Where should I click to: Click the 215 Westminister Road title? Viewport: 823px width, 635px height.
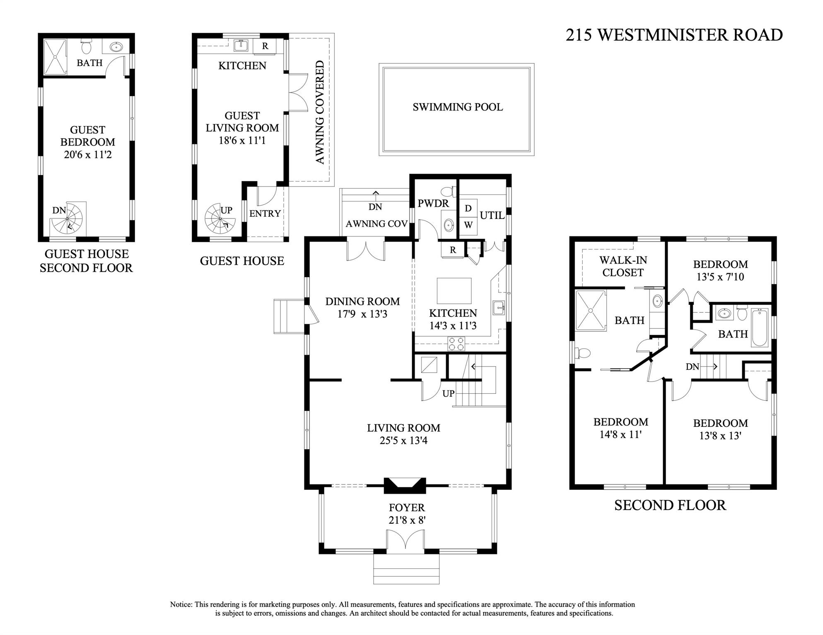674,35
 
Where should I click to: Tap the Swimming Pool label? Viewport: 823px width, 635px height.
457,107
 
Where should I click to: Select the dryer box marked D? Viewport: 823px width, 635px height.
468,208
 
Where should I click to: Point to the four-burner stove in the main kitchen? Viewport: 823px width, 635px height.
456,344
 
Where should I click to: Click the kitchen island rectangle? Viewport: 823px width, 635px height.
454,291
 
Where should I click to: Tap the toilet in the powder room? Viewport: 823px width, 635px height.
447,192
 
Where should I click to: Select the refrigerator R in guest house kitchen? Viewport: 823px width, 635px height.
265,46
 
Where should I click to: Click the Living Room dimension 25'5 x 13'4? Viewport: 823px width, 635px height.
403,441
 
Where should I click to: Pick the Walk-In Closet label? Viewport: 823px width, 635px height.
623,266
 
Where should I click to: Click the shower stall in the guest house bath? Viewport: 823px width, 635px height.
55,57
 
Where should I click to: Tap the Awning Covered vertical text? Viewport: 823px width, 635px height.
320,112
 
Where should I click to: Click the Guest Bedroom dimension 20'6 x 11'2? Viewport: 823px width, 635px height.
87,155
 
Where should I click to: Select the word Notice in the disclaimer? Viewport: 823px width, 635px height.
181,604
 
